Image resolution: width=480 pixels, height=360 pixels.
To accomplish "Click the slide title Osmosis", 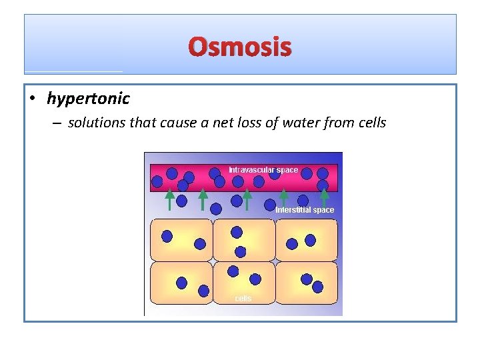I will (x=240, y=47).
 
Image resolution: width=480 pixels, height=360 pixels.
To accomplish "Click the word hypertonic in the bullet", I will (x=88, y=99).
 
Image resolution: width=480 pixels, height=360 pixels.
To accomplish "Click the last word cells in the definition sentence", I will (x=371, y=123).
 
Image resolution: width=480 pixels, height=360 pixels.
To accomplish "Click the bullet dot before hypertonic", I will (x=32, y=99).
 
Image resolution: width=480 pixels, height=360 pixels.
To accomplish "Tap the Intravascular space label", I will (x=263, y=170).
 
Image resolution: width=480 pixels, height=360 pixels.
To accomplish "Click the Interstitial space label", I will (x=305, y=210).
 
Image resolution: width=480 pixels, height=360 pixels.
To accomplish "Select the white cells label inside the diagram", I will (x=243, y=298).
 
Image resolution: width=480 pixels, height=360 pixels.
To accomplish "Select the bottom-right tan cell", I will (x=306, y=283).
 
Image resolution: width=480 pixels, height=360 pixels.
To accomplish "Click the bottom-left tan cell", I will (x=182, y=283).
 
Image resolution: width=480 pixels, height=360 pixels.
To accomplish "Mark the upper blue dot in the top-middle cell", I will (x=237, y=232).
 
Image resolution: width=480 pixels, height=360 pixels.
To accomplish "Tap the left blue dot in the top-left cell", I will (x=167, y=236).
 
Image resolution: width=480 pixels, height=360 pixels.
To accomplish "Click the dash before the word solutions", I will (x=58, y=123).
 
